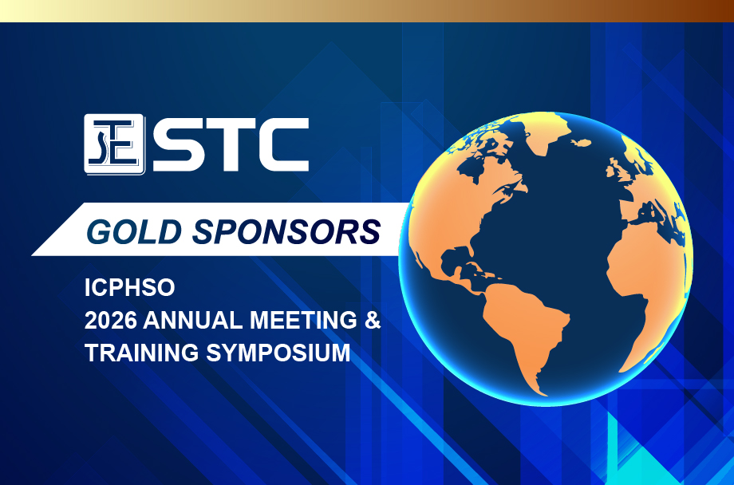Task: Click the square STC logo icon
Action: [x=115, y=144]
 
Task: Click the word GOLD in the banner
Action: [x=134, y=232]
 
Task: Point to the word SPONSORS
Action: [x=286, y=232]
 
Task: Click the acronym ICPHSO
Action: [x=130, y=287]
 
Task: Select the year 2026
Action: [x=111, y=320]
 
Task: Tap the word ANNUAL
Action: [x=193, y=320]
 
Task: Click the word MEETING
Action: [x=303, y=320]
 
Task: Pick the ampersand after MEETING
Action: [x=373, y=320]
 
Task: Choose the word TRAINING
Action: [x=142, y=353]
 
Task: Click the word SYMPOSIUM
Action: [x=278, y=353]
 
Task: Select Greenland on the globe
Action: [x=543, y=131]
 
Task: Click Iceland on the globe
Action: [x=581, y=142]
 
